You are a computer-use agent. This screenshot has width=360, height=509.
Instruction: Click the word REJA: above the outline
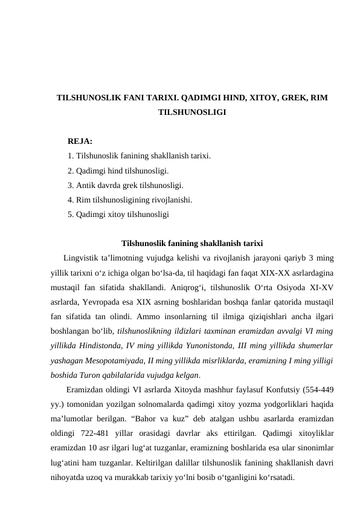pyautogui.click(x=80, y=141)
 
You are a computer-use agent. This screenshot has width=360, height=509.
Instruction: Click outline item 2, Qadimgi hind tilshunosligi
pyautogui.click(x=118, y=170)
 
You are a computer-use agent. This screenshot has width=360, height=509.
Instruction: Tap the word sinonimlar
pyautogui.click(x=316, y=447)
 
